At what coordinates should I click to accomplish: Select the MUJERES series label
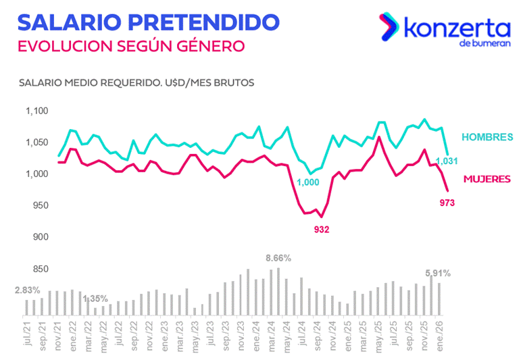point(487,179)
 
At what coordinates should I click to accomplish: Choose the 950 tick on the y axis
point(40,206)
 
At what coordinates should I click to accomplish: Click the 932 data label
point(322,230)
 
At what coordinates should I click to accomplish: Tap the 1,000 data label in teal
point(307,182)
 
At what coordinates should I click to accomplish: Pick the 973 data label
point(447,202)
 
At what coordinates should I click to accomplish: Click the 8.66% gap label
point(278,258)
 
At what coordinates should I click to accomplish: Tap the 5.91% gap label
point(438,273)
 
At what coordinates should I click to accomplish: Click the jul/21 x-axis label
point(27,336)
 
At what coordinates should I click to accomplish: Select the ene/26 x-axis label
point(440,336)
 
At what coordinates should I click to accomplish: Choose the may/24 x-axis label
point(286,336)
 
